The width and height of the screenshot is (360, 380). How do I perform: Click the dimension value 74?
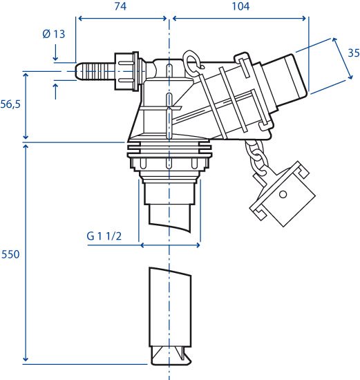tap(120, 6)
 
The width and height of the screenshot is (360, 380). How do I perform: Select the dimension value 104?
tap(240, 6)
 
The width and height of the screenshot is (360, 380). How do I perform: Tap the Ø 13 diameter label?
tap(54, 34)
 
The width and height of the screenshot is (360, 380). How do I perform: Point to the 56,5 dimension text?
tap(10, 104)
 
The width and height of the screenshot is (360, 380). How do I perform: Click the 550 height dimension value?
tap(10, 254)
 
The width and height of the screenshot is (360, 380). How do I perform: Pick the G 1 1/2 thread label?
tap(104, 236)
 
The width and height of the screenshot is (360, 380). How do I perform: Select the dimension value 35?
tap(354, 53)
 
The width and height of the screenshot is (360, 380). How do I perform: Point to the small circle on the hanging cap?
tap(283, 194)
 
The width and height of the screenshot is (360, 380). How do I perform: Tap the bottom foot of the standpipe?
tap(171, 356)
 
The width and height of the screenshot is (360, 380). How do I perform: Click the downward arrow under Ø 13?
tap(55, 53)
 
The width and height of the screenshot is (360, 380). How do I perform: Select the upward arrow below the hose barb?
tap(56, 91)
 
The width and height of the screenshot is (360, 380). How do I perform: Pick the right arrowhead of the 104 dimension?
tap(303, 19)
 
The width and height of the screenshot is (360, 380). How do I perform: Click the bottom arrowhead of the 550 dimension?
tap(26, 359)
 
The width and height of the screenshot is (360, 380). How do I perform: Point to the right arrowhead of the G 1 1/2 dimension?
tap(198, 245)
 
